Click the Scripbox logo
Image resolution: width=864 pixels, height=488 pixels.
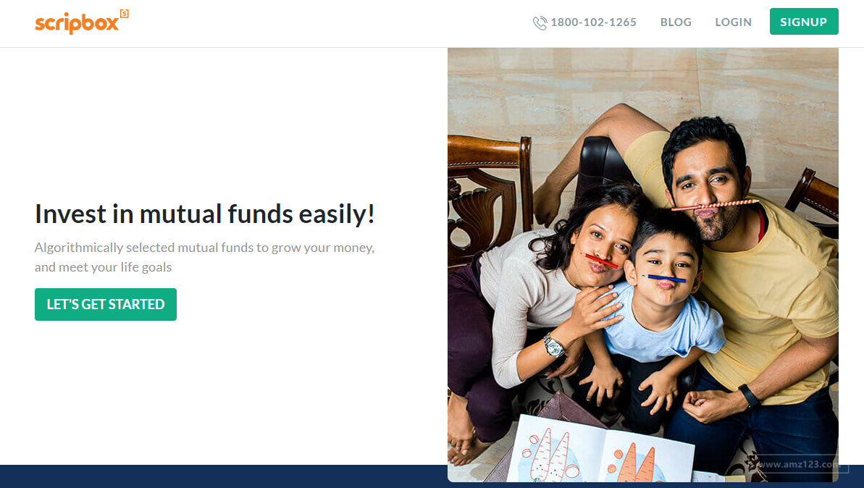pyautogui.click(x=82, y=22)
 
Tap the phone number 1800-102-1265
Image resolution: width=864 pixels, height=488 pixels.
pyautogui.click(x=593, y=22)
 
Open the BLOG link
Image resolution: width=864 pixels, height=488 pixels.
pyautogui.click(x=676, y=22)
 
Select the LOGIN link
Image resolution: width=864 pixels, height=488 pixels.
pyautogui.click(x=733, y=22)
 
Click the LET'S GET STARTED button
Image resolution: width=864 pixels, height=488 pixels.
pyautogui.click(x=106, y=304)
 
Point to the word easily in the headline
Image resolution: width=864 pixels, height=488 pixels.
pyautogui.click(x=337, y=214)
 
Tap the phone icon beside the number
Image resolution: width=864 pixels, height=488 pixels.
pyautogui.click(x=540, y=22)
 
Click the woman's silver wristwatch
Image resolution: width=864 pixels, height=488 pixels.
pyautogui.click(x=554, y=346)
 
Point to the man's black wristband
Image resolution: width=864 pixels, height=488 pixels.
pyautogui.click(x=750, y=395)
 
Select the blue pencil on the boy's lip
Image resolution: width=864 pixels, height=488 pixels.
pyautogui.click(x=664, y=277)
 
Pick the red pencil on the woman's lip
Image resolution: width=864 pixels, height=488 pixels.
pyautogui.click(x=600, y=261)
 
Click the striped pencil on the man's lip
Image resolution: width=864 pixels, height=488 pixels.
pyautogui.click(x=715, y=206)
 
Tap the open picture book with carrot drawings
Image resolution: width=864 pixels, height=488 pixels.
pyautogui.click(x=600, y=448)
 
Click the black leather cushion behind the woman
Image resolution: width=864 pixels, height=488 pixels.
pyautogui.click(x=603, y=162)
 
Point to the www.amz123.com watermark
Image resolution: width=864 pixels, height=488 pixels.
pyautogui.click(x=798, y=464)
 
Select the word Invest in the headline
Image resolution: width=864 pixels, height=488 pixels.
pyautogui.click(x=70, y=214)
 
